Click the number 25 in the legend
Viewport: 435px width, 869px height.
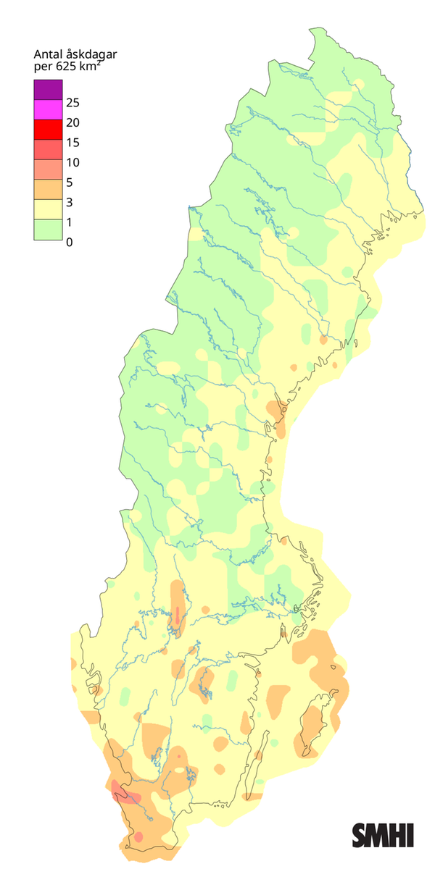click(x=72, y=102)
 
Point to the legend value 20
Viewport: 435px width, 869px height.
click(x=72, y=122)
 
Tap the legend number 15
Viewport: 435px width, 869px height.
click(x=72, y=142)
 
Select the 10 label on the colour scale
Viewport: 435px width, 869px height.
click(x=72, y=162)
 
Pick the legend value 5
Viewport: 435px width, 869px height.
click(x=69, y=182)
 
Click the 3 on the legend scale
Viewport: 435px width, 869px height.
click(x=69, y=202)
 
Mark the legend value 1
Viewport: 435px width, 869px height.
click(x=69, y=222)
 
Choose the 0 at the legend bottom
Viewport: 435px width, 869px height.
click(x=69, y=242)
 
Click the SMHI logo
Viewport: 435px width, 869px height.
click(x=383, y=835)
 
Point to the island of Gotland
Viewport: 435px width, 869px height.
click(x=313, y=728)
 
